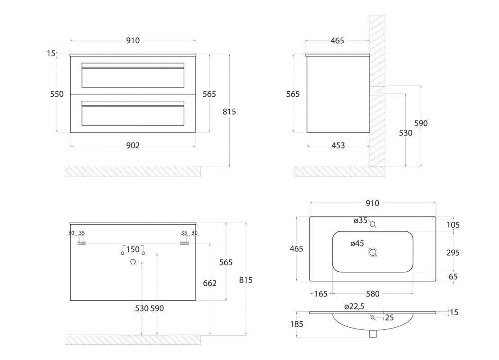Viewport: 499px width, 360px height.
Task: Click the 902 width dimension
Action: click(133, 145)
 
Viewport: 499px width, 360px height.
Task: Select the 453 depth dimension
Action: click(338, 145)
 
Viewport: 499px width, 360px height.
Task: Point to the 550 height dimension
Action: click(57, 94)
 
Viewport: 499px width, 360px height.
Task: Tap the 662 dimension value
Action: click(210, 283)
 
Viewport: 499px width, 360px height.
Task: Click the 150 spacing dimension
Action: click(133, 249)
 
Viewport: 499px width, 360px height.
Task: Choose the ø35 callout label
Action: click(361, 220)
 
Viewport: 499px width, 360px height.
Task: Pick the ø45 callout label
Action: click(357, 243)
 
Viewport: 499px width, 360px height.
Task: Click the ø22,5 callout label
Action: click(354, 306)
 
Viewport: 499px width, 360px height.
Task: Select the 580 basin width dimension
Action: click(372, 294)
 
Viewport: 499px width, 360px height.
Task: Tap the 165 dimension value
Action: click(321, 294)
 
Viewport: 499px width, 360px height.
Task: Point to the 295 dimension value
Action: click(453, 252)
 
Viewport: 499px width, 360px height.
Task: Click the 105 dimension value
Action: click(453, 225)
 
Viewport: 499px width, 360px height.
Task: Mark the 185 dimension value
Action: click(297, 324)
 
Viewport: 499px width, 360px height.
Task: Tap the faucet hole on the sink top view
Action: click(372, 224)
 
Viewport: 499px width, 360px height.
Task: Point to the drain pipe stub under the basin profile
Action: click(372, 334)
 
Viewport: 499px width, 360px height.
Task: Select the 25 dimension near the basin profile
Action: click(389, 317)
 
